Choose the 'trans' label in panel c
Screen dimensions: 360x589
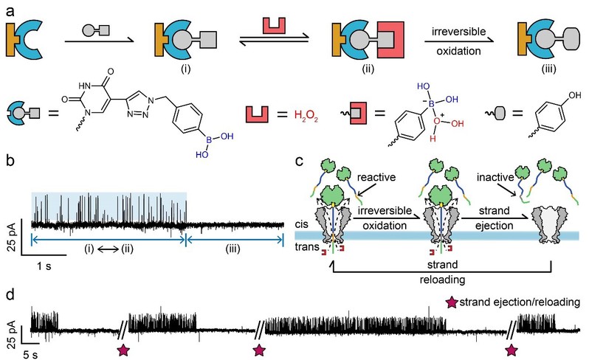click(304, 249)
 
